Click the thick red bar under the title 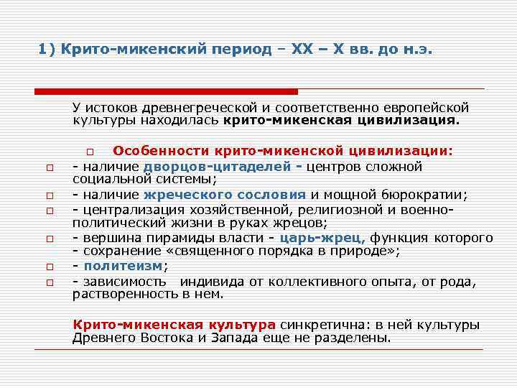point(166,91)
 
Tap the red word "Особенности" point(156,152)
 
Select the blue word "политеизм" point(124,266)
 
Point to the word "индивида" point(208,281)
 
